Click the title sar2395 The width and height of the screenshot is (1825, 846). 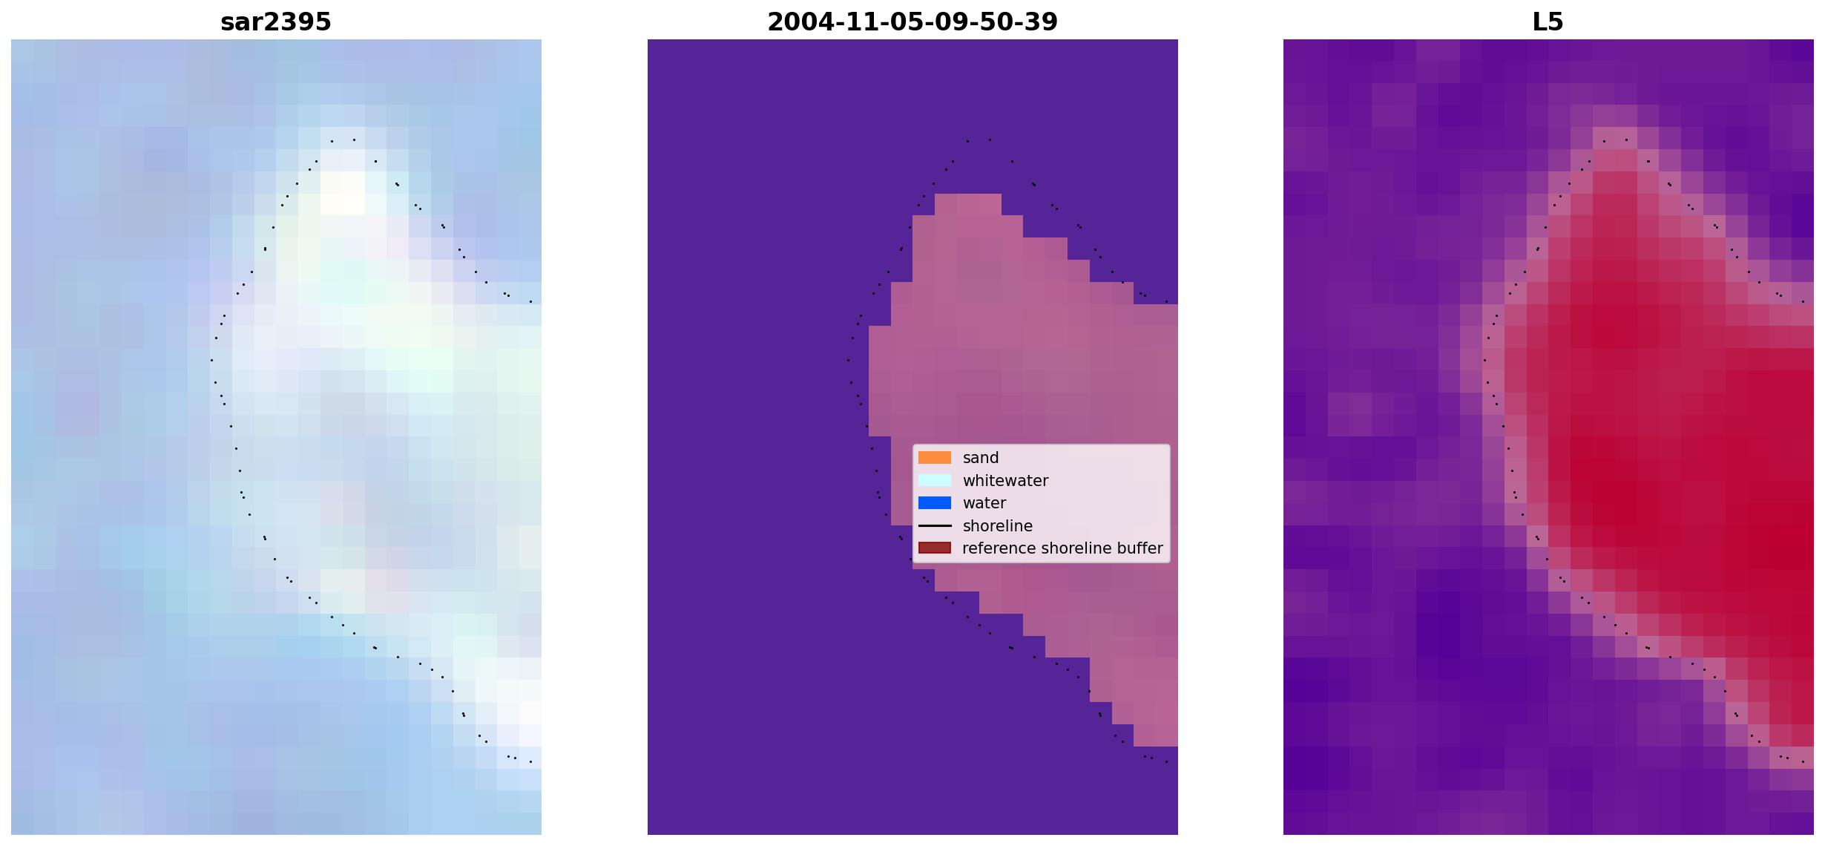coord(276,22)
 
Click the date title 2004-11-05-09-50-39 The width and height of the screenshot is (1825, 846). coord(912,22)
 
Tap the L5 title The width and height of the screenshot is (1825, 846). coord(1548,22)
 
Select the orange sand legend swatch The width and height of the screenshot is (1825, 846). coord(935,458)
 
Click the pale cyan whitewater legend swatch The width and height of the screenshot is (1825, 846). coord(935,481)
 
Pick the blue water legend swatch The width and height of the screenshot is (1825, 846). coord(935,503)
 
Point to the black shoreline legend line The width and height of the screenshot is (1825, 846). coord(935,526)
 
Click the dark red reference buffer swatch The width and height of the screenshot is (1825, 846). coord(935,548)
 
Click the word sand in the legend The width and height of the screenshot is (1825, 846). coord(981,458)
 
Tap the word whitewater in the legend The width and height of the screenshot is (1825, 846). coord(1005,481)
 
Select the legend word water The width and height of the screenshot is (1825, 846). coord(984,503)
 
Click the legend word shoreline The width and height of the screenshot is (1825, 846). coord(998,526)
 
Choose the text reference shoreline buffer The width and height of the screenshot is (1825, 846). coord(1062,548)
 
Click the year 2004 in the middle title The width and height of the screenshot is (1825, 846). coord(795,22)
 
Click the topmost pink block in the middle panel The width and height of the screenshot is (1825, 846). coord(968,205)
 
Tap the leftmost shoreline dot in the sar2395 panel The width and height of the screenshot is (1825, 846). coord(211,360)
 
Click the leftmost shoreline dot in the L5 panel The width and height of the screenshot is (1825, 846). coord(1484,360)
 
